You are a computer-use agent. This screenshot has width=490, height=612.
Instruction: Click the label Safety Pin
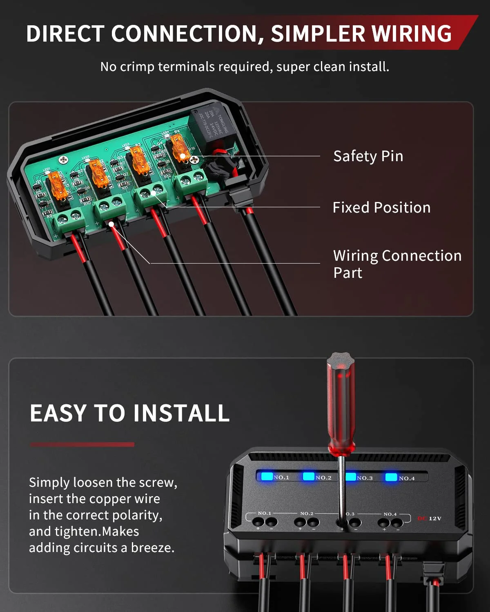(x=368, y=156)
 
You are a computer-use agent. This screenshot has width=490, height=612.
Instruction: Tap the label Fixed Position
(x=381, y=208)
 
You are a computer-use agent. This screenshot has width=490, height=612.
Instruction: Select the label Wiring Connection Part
(x=397, y=264)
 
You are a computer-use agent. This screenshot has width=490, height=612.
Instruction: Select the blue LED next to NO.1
(x=267, y=476)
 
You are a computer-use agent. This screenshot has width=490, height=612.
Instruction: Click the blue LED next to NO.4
(x=391, y=477)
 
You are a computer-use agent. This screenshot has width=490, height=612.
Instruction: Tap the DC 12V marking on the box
(x=429, y=519)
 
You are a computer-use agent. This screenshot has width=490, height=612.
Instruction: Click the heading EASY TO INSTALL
(x=129, y=413)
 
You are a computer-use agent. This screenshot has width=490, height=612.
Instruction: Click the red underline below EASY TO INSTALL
(x=82, y=444)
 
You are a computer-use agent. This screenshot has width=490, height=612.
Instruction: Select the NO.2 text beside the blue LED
(x=323, y=477)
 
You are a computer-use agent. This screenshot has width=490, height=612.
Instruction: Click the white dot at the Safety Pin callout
(x=183, y=156)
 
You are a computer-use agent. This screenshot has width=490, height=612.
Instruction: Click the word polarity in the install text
(x=137, y=515)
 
